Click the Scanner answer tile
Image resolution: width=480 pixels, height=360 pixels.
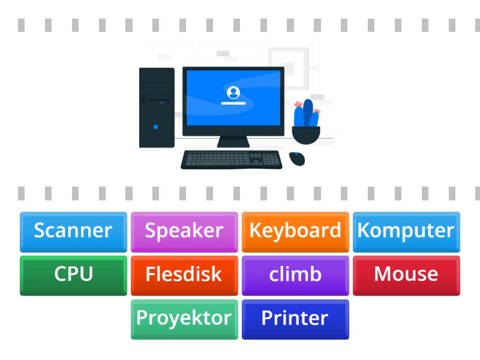[73, 231]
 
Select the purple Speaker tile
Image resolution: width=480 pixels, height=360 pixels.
[184, 231]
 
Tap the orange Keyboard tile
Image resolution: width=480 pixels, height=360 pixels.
[295, 231]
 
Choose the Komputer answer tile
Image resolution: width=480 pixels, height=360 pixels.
[406, 231]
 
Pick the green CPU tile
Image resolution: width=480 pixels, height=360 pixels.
[73, 275]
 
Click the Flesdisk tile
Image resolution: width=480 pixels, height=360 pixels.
[184, 275]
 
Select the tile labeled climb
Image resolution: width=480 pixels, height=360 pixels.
[295, 275]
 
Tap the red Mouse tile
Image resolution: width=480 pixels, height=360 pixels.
[406, 275]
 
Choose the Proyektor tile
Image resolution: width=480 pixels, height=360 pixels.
[184, 319]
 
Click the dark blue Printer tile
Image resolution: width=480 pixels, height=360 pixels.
[295, 319]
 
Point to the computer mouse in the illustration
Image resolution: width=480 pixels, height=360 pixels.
[296, 158]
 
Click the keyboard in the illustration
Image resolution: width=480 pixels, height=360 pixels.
[232, 160]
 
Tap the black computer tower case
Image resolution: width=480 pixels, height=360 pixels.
[157, 108]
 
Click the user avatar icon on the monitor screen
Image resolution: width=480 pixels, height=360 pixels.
[233, 92]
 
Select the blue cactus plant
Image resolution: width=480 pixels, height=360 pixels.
[307, 114]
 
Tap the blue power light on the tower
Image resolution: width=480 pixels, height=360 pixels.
[156, 127]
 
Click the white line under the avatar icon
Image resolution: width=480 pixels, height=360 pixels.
[233, 103]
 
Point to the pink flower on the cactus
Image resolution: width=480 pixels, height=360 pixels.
[298, 105]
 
